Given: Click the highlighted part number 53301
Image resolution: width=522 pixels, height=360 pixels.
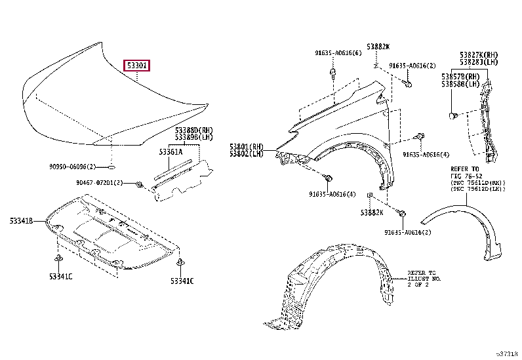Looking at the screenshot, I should [137, 65].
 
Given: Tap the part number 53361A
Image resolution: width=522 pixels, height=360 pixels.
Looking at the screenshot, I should [170, 152].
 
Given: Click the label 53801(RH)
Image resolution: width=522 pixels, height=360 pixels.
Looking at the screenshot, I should [246, 146].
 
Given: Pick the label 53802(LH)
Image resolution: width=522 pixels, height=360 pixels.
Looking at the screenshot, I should [246, 153].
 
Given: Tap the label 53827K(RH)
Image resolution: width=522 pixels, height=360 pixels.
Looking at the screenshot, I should [478, 54].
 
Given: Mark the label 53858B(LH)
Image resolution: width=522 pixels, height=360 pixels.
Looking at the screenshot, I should [461, 85].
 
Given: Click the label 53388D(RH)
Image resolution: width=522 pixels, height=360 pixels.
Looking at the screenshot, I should [194, 130].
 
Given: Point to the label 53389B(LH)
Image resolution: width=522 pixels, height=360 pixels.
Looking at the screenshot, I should [194, 137].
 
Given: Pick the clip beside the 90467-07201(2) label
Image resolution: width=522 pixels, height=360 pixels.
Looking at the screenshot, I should [138, 184].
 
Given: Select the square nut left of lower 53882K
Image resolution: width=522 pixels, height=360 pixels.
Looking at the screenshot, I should [371, 195].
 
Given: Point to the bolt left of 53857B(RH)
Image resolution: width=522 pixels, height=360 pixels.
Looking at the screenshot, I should [452, 116].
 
